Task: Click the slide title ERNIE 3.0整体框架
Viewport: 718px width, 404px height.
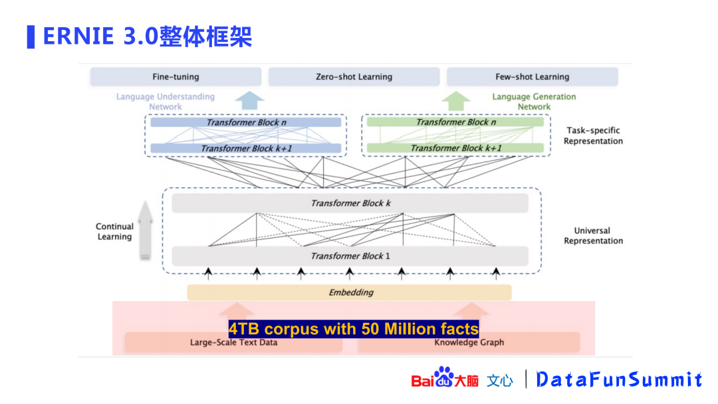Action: [x=147, y=36]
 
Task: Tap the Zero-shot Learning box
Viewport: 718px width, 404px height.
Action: [x=354, y=77]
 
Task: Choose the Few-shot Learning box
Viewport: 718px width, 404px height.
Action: [x=532, y=77]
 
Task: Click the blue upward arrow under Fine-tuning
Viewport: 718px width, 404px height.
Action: [x=250, y=100]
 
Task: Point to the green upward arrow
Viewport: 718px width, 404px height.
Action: [x=456, y=100]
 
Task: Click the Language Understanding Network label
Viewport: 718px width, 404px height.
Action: [x=166, y=101]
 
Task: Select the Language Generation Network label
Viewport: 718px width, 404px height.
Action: [x=534, y=101]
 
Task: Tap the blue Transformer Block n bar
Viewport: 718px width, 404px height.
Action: [x=245, y=122]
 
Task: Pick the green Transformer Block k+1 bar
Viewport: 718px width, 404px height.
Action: [x=455, y=148]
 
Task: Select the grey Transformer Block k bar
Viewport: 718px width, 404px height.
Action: [x=350, y=203]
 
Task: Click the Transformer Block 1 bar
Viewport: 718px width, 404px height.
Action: [x=350, y=256]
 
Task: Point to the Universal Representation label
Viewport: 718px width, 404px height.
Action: [x=593, y=236]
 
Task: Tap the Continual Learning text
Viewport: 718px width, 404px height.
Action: [x=114, y=231]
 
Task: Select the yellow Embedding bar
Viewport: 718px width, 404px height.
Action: [x=350, y=292]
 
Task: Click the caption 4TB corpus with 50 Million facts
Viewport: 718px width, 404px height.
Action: [x=354, y=329]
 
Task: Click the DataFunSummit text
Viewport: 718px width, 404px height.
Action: [x=619, y=379]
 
